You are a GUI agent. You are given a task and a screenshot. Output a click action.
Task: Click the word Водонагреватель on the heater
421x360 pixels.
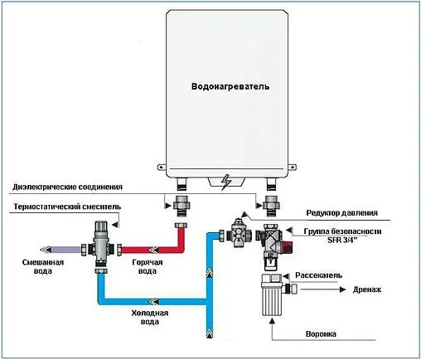click(230, 86)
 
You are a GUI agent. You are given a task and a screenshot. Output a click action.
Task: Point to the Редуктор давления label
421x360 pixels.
click(345, 212)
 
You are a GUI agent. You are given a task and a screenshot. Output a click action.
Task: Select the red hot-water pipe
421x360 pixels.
click(157, 247)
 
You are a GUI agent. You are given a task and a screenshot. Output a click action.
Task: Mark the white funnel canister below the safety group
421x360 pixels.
click(271, 297)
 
